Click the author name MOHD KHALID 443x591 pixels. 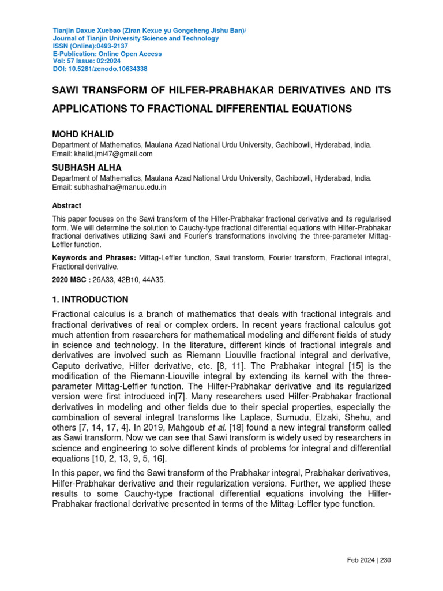[83, 134]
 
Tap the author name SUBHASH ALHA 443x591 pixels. [87, 167]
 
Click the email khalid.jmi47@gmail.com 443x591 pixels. [112, 154]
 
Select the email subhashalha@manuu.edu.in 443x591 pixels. [121, 188]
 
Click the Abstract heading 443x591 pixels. [67, 206]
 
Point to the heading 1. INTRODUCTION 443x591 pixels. [91, 300]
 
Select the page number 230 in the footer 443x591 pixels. [386, 560]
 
